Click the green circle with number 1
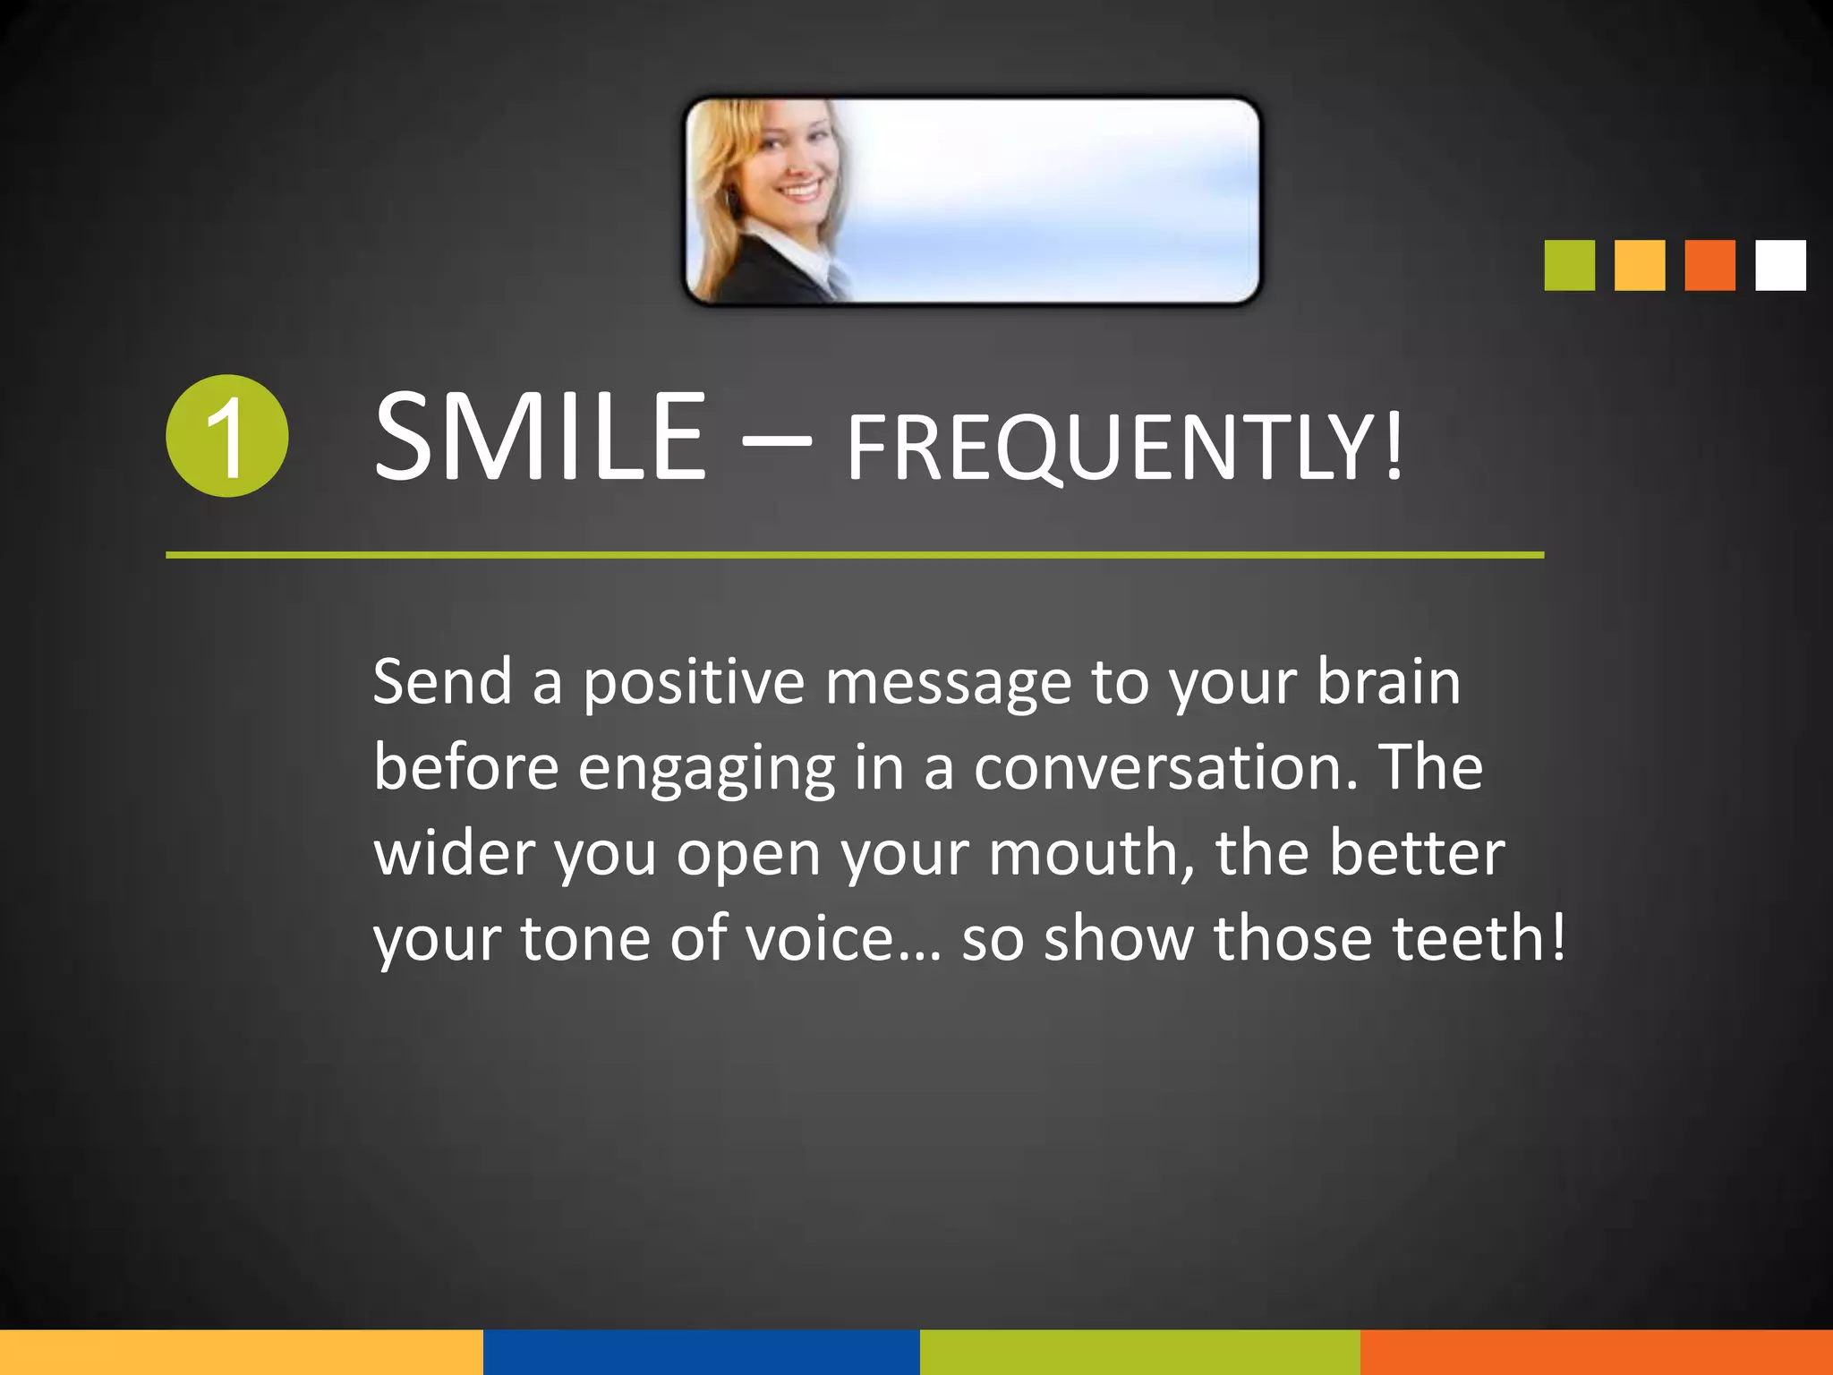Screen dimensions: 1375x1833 [x=227, y=436]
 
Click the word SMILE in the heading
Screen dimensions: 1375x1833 [x=541, y=439]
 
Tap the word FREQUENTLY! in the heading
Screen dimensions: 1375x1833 [x=1124, y=448]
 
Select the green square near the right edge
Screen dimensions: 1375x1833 [x=1569, y=265]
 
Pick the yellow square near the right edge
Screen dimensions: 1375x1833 [x=1640, y=265]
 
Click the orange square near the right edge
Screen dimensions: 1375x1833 [x=1709, y=265]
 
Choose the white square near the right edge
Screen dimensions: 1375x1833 [x=1780, y=265]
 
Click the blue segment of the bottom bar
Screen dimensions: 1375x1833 [x=701, y=1352]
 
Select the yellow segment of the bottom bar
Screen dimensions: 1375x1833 [x=242, y=1352]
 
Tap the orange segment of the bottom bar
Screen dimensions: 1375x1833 [x=1597, y=1352]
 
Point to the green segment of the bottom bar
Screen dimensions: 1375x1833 [x=1139, y=1352]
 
